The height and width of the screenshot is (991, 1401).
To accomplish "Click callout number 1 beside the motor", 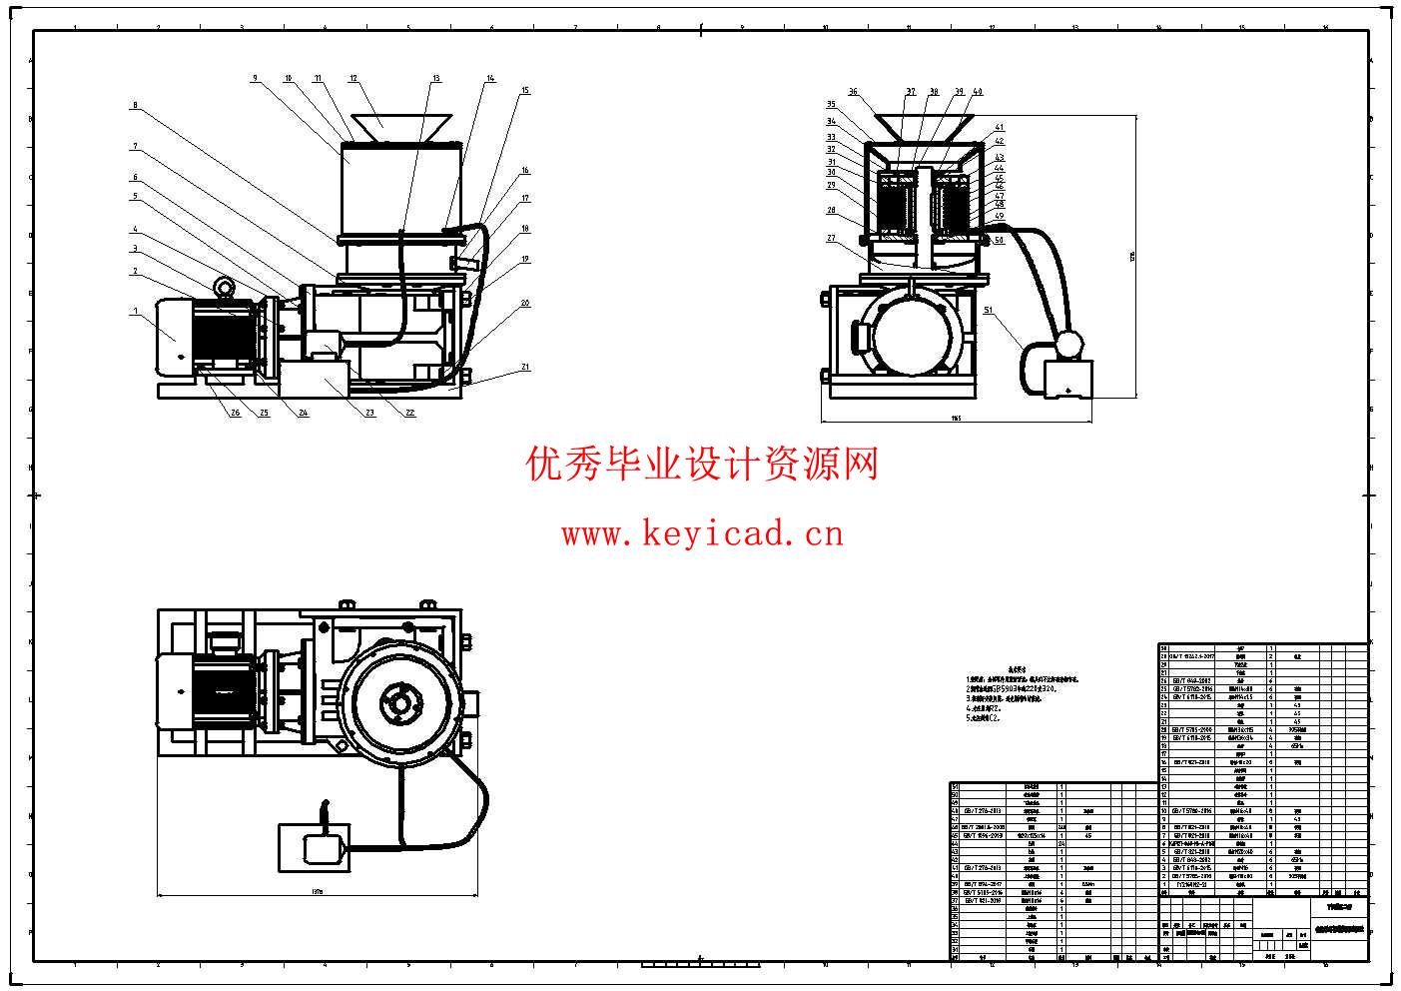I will [x=135, y=311].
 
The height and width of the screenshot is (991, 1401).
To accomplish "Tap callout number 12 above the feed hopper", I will [x=353, y=77].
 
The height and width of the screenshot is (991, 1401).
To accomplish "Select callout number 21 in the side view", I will [x=525, y=367].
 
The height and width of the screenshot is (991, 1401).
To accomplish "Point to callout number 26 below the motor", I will [x=236, y=413].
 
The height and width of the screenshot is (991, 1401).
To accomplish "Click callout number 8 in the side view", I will [x=135, y=104].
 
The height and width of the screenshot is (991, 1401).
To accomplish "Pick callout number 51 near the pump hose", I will [x=989, y=311].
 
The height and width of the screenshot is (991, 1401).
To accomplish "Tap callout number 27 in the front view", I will [x=831, y=238].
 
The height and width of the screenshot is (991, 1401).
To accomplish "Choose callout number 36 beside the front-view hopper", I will [x=853, y=92].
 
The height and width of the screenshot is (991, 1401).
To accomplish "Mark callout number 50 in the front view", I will [x=999, y=240].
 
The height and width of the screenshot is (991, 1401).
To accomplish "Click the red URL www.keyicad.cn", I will [x=702, y=534].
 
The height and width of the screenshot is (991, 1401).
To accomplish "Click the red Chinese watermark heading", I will [x=702, y=464].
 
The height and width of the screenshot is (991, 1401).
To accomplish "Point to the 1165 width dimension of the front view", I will [x=955, y=419].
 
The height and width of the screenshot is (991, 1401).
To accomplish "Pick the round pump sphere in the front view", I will [x=1067, y=344].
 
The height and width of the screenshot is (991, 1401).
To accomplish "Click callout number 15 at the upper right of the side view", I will [x=525, y=91].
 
